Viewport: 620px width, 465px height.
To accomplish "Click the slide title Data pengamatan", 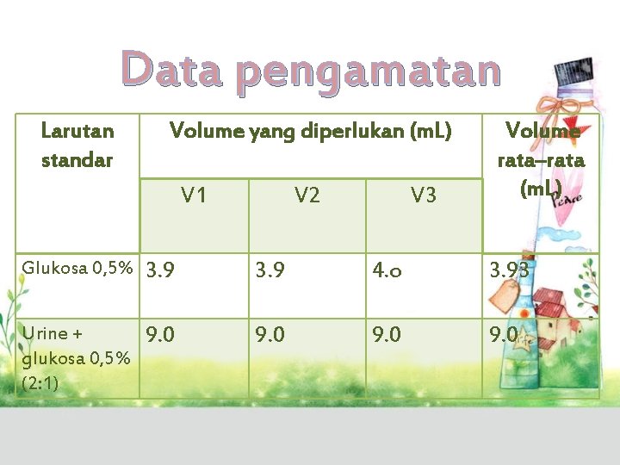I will coord(310,71).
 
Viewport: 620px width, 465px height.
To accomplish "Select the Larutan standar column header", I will coord(77,145).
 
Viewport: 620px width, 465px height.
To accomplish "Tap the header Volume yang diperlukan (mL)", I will coord(310,131).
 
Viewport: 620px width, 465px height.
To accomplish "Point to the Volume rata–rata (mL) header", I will coord(542,159).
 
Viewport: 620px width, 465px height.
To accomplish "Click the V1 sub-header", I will coord(194,195).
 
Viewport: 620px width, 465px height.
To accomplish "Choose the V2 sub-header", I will coord(307,195).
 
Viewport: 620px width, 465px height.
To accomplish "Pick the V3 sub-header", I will coord(423,195).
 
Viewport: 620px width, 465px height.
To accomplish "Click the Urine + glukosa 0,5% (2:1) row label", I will coord(77,357).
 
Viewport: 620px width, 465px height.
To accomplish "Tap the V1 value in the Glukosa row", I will coord(161,271).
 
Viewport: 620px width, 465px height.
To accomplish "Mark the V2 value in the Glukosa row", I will coord(270,271).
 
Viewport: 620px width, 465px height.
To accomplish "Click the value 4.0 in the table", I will coord(387,271).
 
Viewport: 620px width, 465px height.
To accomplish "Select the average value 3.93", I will coord(510,272).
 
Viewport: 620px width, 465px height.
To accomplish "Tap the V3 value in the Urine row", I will coord(387,333).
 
